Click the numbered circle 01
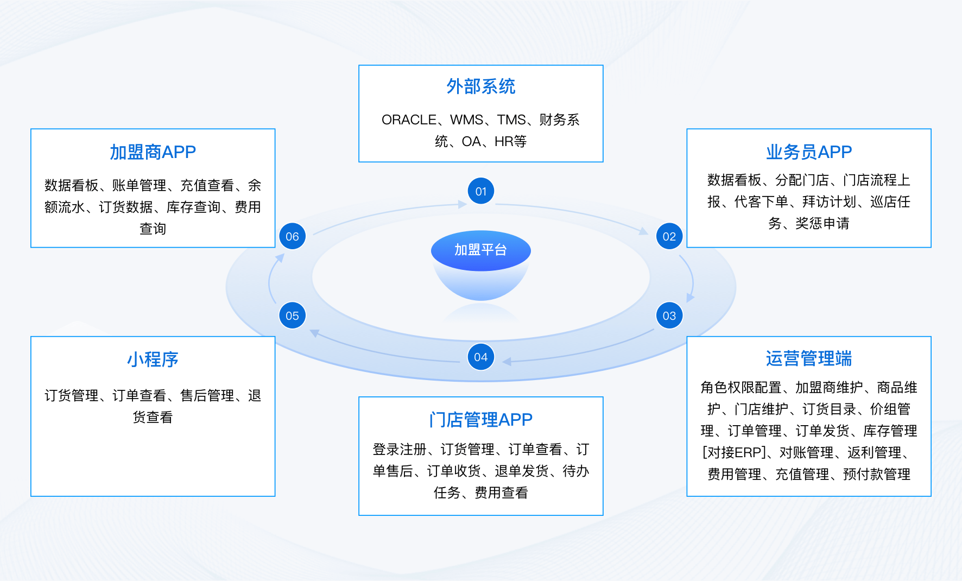[x=480, y=191]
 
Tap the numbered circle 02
[x=669, y=236]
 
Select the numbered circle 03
[x=669, y=315]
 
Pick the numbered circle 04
[x=480, y=357]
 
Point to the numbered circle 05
[x=292, y=315]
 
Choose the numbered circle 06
[x=292, y=236]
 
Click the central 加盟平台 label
[x=480, y=250]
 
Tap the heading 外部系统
[x=480, y=86]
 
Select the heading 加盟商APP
[x=153, y=152]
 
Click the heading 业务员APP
[x=808, y=152]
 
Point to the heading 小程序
[x=153, y=359]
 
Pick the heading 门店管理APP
[x=480, y=419]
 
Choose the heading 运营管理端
[x=808, y=358]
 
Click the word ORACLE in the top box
[x=409, y=119]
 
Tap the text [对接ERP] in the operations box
[x=735, y=452]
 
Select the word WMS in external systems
[x=466, y=119]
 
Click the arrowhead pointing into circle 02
[x=644, y=231]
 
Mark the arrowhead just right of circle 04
[x=507, y=362]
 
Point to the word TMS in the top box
[x=511, y=119]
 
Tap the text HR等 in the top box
[x=510, y=142]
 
